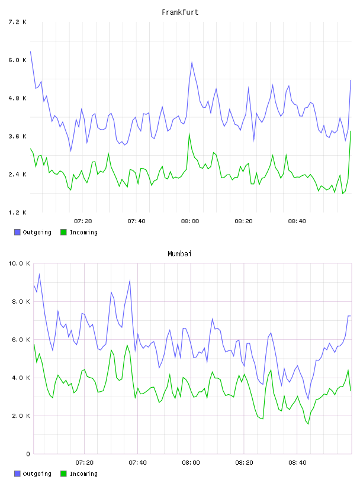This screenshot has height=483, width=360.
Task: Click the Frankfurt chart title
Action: click(180, 12)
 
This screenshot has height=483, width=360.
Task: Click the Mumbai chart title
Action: click(179, 253)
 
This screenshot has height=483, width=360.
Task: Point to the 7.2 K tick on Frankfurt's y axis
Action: click(17, 22)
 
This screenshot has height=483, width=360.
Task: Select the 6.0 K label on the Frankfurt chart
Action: click(17, 60)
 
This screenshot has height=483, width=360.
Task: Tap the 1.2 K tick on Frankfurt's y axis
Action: click(17, 212)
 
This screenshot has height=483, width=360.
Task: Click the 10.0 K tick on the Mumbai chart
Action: click(19, 263)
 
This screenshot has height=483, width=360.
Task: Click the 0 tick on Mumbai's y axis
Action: click(28, 454)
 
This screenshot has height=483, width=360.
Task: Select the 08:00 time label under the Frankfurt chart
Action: click(190, 221)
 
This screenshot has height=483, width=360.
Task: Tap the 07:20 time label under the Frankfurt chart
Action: click(83, 221)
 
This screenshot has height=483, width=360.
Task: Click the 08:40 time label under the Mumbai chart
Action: click(297, 463)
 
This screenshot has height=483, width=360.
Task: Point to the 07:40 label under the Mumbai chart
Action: click(137, 463)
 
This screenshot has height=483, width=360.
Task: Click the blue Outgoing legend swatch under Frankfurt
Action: click(17, 232)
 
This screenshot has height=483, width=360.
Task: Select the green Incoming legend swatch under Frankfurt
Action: click(63, 232)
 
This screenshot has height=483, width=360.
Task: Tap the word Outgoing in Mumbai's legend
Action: click(37, 474)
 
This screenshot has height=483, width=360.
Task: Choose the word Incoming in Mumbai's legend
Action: click(83, 474)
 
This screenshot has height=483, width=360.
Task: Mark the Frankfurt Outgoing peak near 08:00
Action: click(192, 62)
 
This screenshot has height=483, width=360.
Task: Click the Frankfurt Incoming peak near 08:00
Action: click(189, 134)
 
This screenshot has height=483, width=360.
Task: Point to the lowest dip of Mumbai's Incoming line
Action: click(308, 424)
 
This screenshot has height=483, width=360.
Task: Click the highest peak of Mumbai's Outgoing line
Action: click(39, 274)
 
